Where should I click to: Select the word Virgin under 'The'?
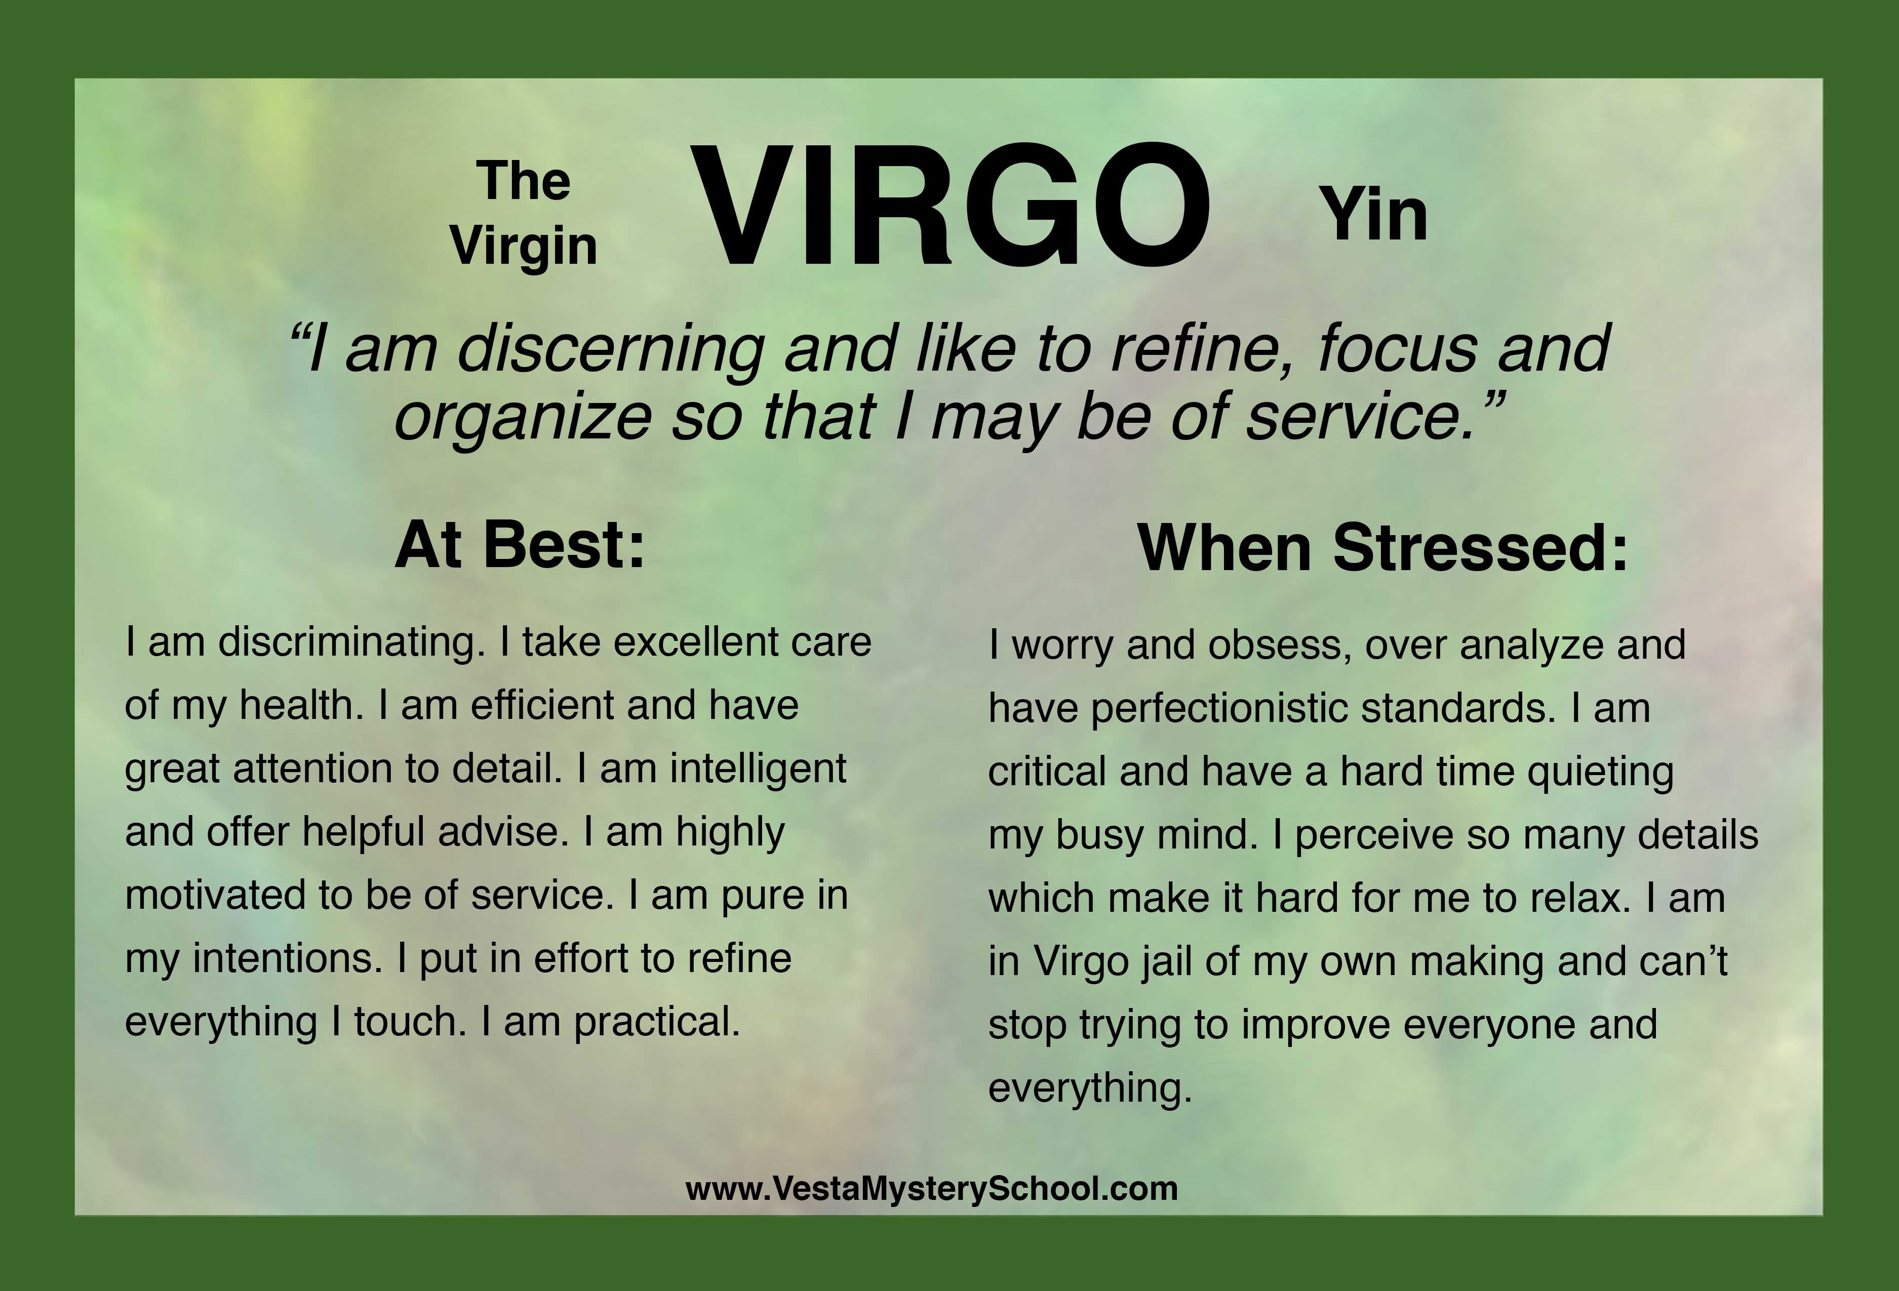(524, 247)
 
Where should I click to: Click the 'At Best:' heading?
(520, 544)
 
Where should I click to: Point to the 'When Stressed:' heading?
(1382, 547)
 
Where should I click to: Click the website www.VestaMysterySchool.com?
(932, 1188)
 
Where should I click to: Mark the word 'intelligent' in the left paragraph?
(758, 770)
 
